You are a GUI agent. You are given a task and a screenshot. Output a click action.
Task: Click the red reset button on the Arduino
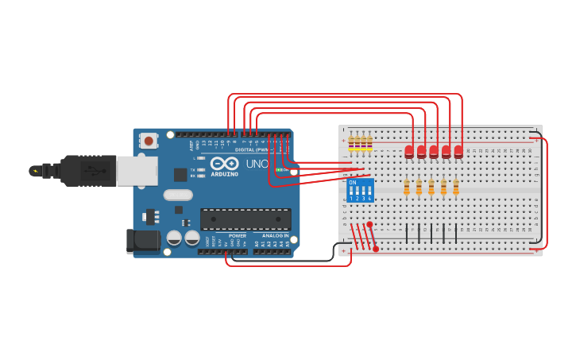[149, 141]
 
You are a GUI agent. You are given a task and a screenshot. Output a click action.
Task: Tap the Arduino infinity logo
[225, 163]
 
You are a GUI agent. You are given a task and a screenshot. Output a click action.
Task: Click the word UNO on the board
[257, 164]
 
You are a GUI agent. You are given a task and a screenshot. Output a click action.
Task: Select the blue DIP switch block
[361, 190]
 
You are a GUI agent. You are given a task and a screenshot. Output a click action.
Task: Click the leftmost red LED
[409, 151]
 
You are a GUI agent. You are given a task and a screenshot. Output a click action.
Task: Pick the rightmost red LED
[458, 151]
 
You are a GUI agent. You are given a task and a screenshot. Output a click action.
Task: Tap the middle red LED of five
[434, 151]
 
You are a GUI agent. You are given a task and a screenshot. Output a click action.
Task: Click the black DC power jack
[140, 242]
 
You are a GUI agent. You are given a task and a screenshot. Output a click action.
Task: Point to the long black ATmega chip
[245, 219]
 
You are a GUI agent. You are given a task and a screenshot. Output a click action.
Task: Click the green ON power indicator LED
[279, 169]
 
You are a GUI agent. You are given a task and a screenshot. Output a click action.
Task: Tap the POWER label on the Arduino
[237, 236]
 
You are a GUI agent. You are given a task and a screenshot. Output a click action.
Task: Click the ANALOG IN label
[276, 236]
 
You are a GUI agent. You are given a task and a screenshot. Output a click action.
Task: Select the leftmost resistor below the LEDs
[407, 187]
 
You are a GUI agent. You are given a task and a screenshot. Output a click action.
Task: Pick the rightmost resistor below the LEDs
[456, 187]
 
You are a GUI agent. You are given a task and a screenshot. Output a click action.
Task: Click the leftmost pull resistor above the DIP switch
[351, 142]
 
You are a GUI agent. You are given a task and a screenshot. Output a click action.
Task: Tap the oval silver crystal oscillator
[178, 195]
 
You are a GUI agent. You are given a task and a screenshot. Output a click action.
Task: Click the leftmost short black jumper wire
[407, 233]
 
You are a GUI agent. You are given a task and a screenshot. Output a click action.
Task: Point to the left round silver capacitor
[174, 238]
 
